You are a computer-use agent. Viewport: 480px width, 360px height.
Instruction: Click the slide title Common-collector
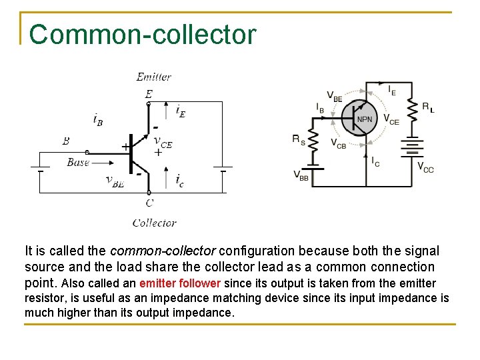click(x=142, y=35)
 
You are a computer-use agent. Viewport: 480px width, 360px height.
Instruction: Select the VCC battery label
click(x=425, y=167)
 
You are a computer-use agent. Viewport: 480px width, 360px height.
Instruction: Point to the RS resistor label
click(x=299, y=139)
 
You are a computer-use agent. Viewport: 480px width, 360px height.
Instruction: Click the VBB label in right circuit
click(x=301, y=175)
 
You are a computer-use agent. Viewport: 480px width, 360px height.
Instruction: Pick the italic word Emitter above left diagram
click(x=154, y=77)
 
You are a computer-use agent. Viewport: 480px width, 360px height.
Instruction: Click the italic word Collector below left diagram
click(x=154, y=223)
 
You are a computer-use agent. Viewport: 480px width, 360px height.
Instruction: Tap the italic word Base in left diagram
click(x=78, y=162)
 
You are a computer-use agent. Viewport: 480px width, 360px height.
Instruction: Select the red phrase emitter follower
click(x=179, y=283)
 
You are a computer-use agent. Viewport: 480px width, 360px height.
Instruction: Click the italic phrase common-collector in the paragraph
click(x=162, y=251)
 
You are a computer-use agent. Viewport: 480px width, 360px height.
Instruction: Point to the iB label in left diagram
click(x=97, y=119)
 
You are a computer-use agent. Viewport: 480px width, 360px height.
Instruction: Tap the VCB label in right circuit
click(x=338, y=143)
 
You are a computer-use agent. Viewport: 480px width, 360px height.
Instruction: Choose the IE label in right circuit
click(x=392, y=89)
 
